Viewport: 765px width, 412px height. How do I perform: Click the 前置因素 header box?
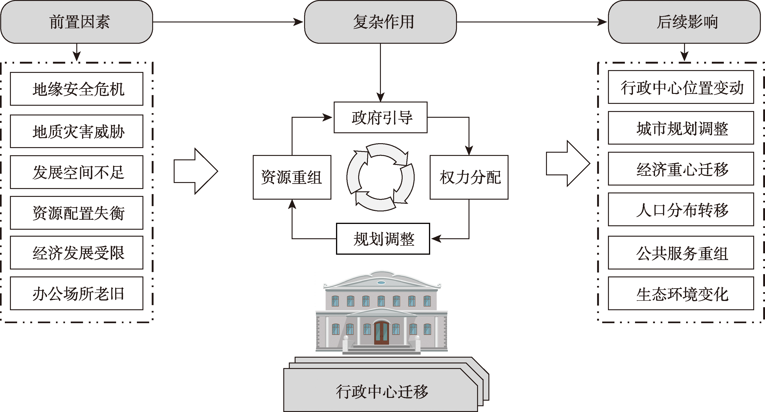(x=77, y=22)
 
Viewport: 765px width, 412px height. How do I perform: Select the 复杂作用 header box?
(x=380, y=22)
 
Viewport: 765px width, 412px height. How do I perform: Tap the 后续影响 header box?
(x=684, y=22)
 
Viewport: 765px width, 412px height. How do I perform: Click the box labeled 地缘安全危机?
(x=77, y=89)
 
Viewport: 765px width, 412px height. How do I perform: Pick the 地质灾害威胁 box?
(x=77, y=131)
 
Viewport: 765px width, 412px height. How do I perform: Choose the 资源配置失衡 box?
(x=77, y=213)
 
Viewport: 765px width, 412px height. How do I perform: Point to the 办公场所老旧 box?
(x=77, y=294)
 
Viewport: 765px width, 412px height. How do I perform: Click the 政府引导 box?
(x=380, y=117)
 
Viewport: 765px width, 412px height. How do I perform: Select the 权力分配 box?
(x=469, y=177)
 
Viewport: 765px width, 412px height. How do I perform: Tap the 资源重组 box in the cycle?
(x=292, y=177)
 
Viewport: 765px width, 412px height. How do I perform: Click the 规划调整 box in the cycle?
(x=383, y=239)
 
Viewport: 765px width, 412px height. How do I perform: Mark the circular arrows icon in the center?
(x=380, y=177)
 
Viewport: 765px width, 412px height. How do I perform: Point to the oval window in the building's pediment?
(x=381, y=282)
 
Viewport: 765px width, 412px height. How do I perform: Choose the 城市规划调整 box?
(x=681, y=128)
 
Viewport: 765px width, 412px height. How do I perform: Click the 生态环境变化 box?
(x=681, y=294)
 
